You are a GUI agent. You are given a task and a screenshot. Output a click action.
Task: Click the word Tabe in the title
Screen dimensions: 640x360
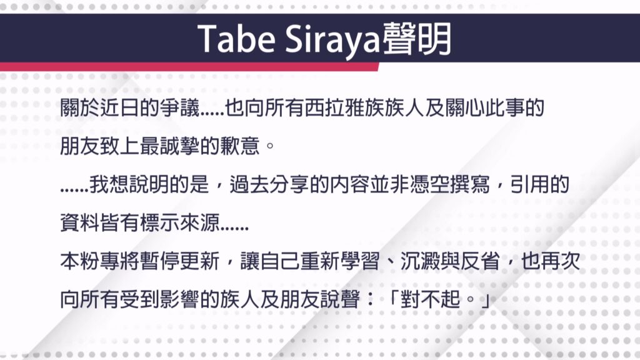pyautogui.click(x=236, y=39)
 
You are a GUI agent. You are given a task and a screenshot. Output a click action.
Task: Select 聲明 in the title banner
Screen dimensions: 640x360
pyautogui.click(x=416, y=39)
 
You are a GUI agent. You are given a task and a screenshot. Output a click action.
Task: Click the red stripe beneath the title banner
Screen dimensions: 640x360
pyautogui.click(x=189, y=67)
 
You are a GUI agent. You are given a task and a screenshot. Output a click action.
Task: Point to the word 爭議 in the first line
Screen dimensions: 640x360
pyautogui.click(x=179, y=108)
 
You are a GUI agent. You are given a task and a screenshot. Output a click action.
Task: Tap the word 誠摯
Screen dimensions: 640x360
pyautogui.click(x=179, y=146)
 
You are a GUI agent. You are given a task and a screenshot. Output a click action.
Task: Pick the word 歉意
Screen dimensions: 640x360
pyautogui.click(x=239, y=146)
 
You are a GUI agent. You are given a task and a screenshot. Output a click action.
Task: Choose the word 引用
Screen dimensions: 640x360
pyautogui.click(x=529, y=184)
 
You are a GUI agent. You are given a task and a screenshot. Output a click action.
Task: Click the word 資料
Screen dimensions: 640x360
pyautogui.click(x=79, y=223)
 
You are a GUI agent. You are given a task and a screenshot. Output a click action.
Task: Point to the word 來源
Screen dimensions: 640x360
pyautogui.click(x=199, y=223)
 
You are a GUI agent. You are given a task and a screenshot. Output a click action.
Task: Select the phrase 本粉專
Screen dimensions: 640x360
pyautogui.click(x=90, y=261)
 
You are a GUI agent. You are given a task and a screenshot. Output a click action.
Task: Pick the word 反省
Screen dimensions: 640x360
pyautogui.click(x=479, y=261)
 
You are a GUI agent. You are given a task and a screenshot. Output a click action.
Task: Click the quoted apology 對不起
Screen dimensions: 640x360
pyautogui.click(x=430, y=299)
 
